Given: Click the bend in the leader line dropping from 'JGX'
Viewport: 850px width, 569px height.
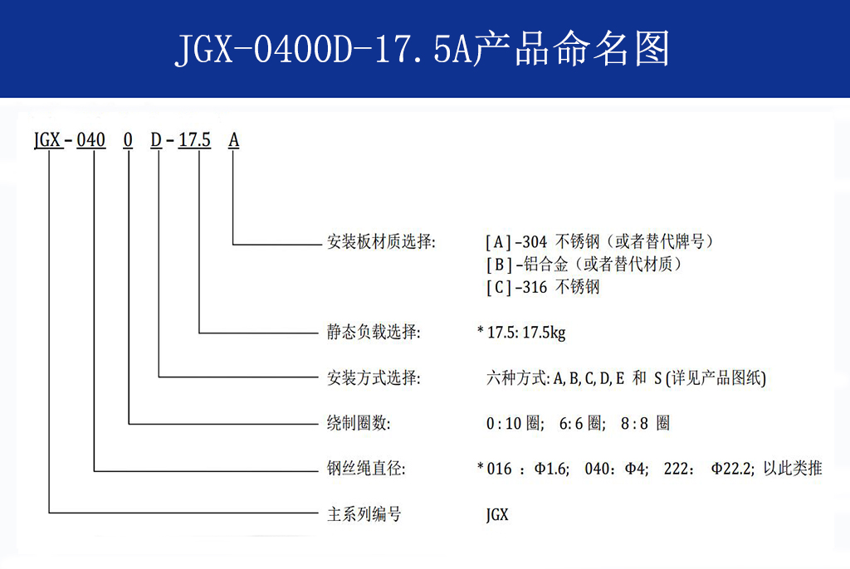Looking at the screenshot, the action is tap(49, 512).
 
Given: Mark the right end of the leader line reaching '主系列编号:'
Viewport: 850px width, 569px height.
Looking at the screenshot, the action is tap(318, 512).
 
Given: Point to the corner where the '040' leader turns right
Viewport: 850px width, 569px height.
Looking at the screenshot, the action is tap(95, 471).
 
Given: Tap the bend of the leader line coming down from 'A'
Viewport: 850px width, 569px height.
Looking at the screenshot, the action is tap(233, 245).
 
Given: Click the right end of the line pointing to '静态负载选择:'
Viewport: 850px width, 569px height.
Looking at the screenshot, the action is tap(318, 332).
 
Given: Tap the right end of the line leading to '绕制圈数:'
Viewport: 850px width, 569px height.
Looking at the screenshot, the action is tap(318, 423).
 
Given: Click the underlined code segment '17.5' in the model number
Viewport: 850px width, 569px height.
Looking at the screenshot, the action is tap(194, 140).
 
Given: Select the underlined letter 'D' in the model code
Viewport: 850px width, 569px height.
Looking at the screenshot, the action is tap(156, 140).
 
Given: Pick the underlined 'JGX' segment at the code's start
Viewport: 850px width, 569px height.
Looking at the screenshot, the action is tap(47, 140).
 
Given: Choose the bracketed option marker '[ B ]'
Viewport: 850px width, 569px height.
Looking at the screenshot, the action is tap(499, 265).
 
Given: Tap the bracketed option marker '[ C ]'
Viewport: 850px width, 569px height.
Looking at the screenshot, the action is tap(499, 287).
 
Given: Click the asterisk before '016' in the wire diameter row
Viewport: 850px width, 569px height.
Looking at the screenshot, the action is tap(481, 466).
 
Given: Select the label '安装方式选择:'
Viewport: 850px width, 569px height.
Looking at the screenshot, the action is tap(374, 377).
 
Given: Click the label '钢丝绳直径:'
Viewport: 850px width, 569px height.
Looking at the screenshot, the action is tap(366, 468).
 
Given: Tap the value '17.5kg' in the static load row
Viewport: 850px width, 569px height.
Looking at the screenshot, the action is tap(544, 332).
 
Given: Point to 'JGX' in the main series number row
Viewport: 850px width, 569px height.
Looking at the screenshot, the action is tap(497, 514).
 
